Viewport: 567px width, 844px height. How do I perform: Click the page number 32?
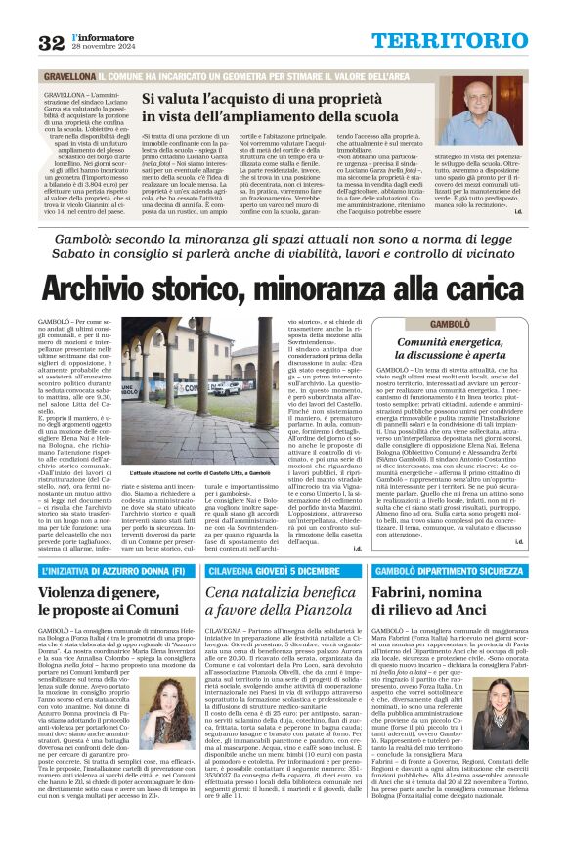click(x=51, y=42)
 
